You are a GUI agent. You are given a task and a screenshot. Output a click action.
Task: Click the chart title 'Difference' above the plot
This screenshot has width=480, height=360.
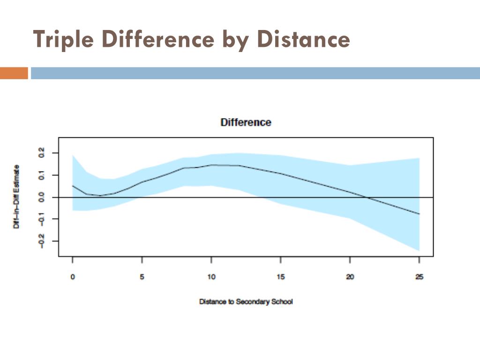point(246,122)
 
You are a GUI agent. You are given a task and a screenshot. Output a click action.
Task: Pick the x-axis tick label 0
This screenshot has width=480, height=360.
point(73,277)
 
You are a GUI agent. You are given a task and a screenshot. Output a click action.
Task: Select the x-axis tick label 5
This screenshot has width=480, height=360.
point(142,277)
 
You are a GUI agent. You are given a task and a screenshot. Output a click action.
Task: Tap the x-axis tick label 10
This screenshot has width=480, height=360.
point(211,277)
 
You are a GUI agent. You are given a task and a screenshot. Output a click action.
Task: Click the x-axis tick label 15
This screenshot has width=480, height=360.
point(280,277)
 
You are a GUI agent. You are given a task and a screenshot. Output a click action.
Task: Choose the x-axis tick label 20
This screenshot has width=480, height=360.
point(350,277)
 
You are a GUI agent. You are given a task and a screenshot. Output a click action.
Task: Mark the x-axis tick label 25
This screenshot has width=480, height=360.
point(419,277)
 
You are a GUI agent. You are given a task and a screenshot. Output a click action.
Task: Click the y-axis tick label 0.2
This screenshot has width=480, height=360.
point(42,153)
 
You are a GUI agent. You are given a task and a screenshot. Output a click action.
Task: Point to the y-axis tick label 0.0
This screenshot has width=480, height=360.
point(42,197)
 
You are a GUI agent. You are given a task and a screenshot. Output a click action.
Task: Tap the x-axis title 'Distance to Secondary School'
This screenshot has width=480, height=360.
point(246,302)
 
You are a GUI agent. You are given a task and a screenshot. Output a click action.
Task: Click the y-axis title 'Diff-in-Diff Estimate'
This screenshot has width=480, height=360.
point(16,197)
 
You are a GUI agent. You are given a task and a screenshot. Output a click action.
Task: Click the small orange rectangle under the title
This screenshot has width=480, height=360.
point(14,73)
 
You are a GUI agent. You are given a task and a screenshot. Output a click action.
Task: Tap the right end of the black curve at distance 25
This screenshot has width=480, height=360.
point(419,214)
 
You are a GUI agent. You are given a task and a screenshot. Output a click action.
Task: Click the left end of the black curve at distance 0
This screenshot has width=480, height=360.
point(73,186)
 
